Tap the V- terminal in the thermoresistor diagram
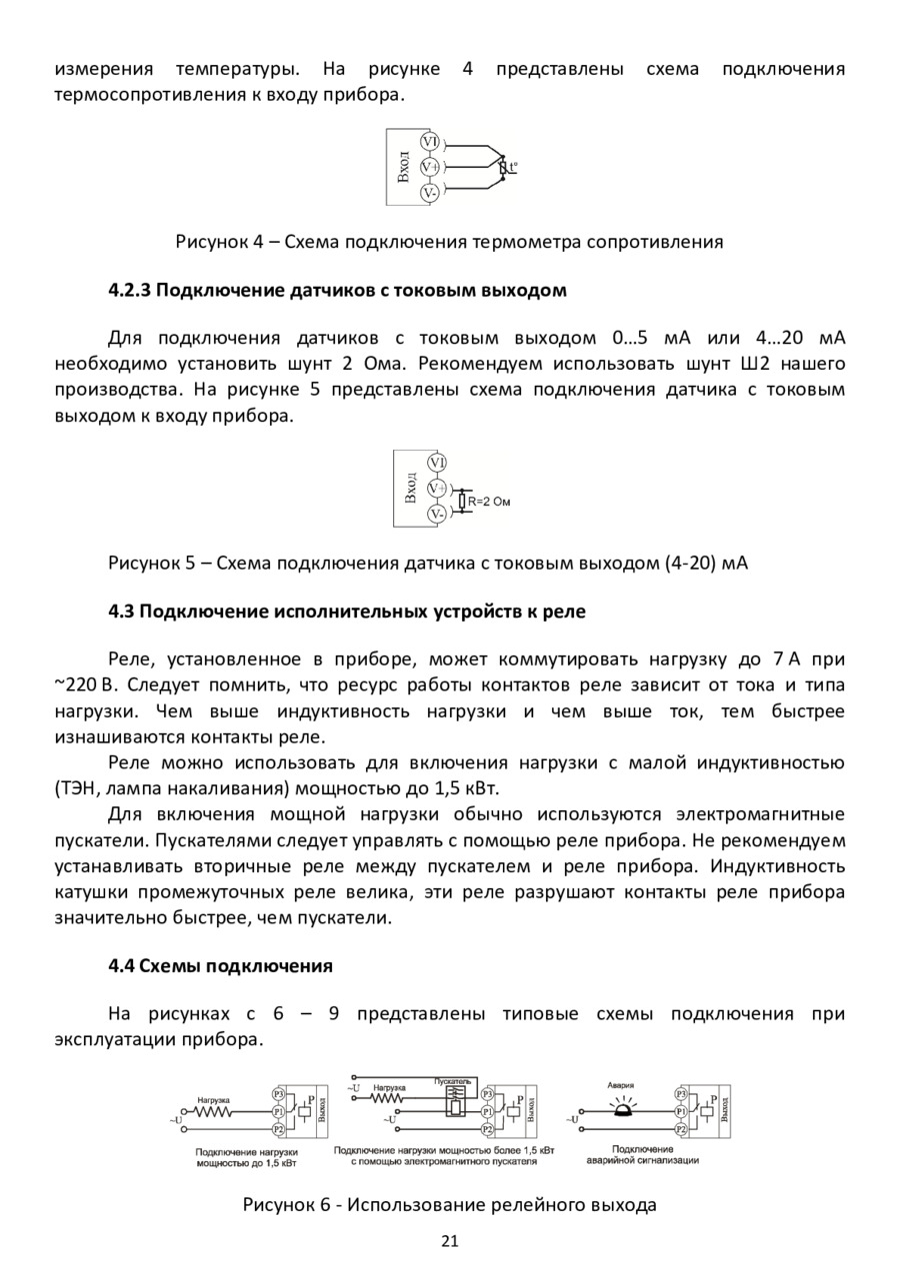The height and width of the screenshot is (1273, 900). point(430,192)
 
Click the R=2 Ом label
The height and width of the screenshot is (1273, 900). point(489,501)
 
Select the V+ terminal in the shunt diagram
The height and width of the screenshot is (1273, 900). point(437,488)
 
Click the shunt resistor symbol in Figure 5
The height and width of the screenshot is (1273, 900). point(461,501)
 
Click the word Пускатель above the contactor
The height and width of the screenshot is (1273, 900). point(453,1081)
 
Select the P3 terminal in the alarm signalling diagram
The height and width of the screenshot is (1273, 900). point(681,1094)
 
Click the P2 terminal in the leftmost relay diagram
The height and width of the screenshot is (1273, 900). point(279,1129)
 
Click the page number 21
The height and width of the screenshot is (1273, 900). point(449,1242)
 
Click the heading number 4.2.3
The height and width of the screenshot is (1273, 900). point(129,291)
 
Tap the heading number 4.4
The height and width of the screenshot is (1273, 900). point(121,966)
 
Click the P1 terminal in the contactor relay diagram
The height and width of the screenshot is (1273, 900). point(487,1111)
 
